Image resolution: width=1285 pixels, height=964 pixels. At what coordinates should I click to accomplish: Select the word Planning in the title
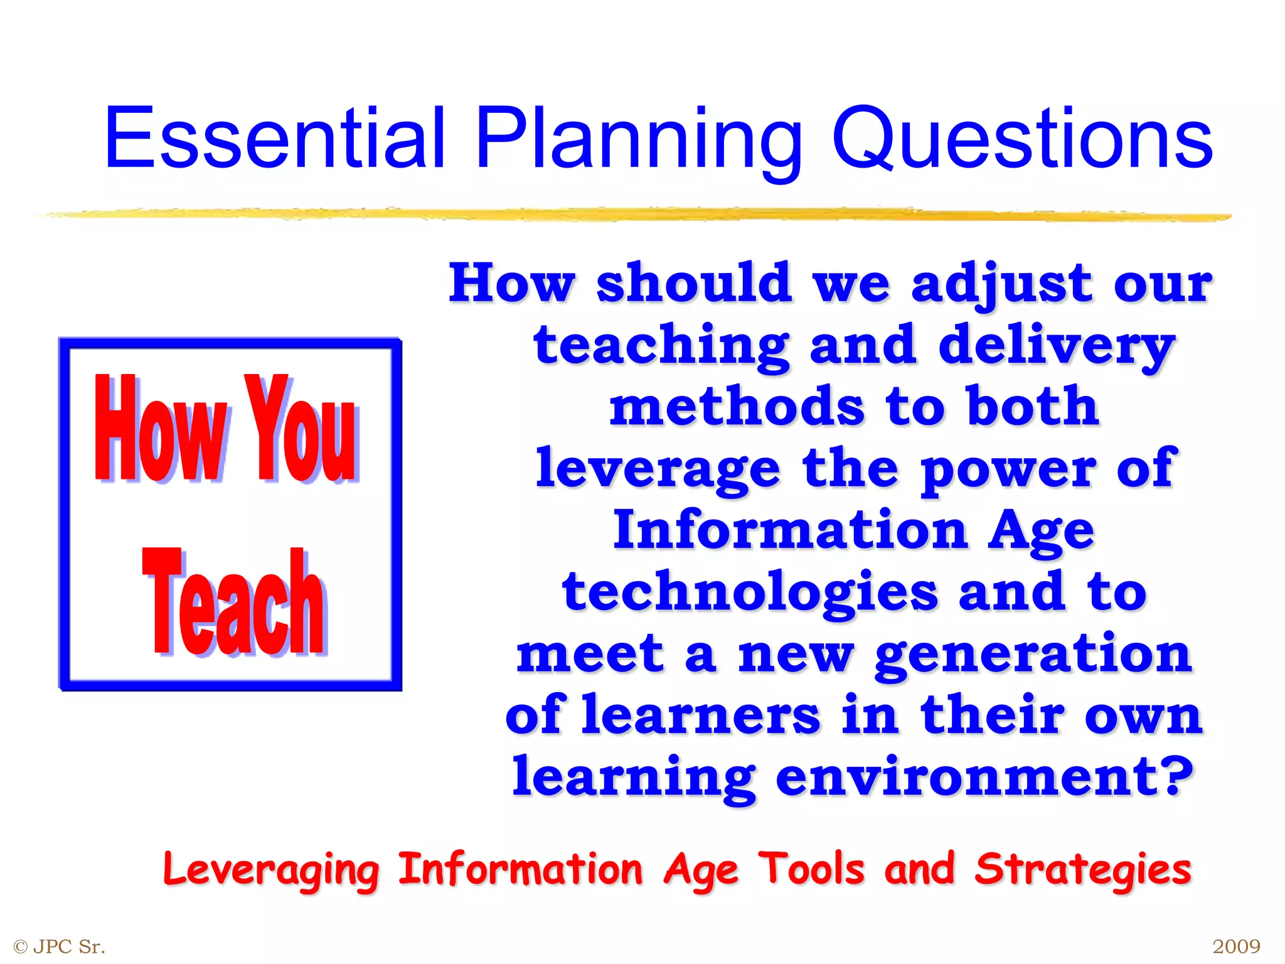point(639,139)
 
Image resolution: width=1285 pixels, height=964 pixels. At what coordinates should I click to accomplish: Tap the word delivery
point(1056,346)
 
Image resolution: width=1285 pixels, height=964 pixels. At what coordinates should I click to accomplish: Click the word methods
point(737,407)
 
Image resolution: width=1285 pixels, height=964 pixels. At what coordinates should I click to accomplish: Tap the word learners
point(700,715)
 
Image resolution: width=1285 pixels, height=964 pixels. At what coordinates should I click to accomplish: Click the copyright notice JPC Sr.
point(60,946)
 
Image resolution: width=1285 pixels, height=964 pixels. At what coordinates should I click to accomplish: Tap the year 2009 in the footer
point(1236,946)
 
